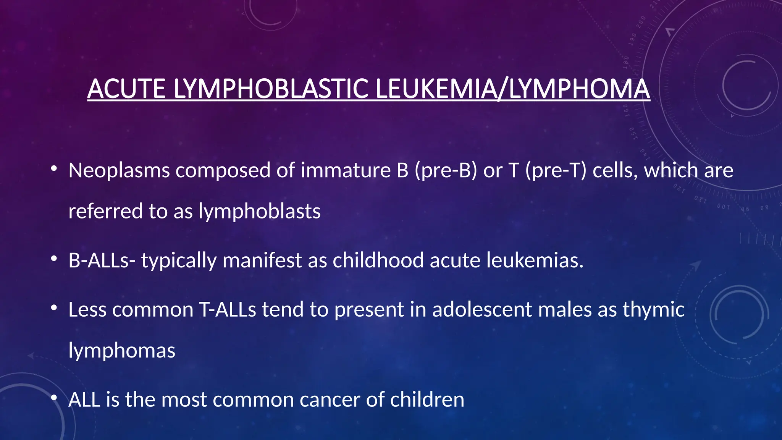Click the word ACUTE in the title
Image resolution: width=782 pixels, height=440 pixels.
click(126, 89)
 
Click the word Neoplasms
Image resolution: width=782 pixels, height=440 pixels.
click(119, 170)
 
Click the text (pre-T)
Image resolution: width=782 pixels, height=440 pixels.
click(556, 170)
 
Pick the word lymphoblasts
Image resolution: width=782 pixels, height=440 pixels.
click(259, 211)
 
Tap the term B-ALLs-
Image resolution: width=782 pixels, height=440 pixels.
click(102, 260)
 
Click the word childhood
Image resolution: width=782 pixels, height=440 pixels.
click(378, 260)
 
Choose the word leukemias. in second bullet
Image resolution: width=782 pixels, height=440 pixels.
click(535, 260)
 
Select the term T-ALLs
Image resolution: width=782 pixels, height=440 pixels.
click(228, 309)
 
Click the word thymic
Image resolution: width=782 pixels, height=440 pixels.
click(653, 309)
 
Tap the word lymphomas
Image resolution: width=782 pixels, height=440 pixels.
click(122, 351)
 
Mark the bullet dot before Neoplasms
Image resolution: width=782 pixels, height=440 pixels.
click(54, 168)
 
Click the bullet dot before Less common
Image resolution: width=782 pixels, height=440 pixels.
click(54, 308)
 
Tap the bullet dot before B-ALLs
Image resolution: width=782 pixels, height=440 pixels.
click(54, 259)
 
